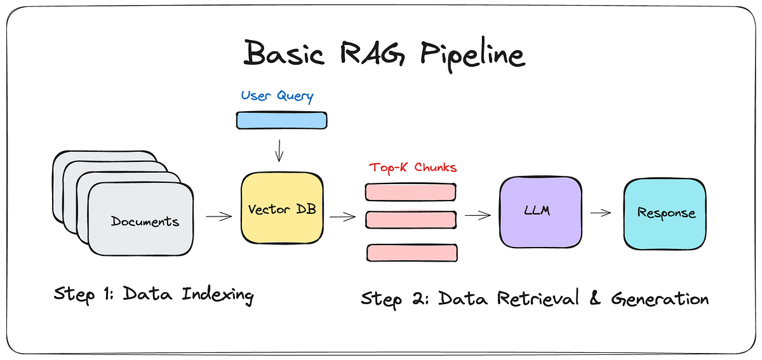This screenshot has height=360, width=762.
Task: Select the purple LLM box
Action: tap(540, 212)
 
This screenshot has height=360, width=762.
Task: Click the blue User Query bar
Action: tap(281, 121)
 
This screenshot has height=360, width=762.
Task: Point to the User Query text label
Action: tap(277, 97)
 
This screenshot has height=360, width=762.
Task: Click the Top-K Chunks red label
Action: tap(412, 168)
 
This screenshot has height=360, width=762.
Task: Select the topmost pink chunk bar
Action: tap(410, 192)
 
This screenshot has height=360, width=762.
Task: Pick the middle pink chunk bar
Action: tap(411, 220)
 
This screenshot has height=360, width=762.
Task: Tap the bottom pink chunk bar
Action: tap(411, 252)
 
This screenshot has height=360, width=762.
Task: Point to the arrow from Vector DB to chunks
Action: tap(343, 217)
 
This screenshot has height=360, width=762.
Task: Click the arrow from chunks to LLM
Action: tap(478, 215)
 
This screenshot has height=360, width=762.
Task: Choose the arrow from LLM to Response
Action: tap(600, 213)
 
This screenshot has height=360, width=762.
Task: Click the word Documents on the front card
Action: tap(145, 222)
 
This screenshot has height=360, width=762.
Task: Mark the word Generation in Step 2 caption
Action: tap(660, 298)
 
